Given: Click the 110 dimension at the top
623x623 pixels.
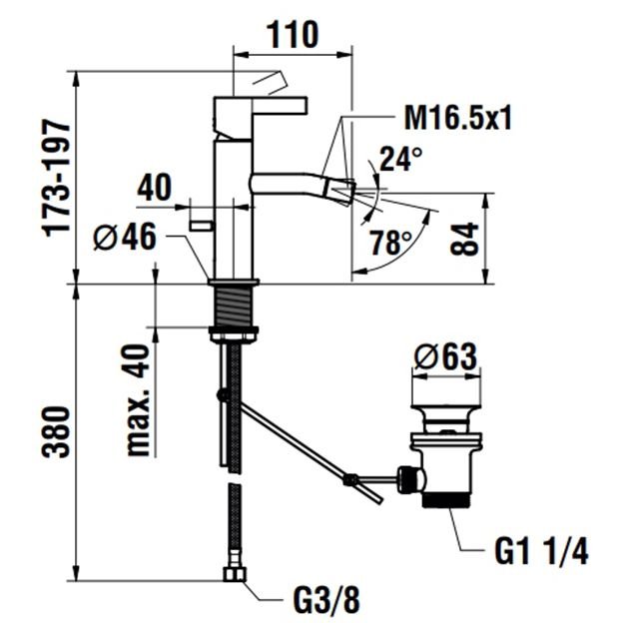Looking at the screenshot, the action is [293, 34].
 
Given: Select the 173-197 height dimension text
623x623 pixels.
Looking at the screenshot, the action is [57, 178].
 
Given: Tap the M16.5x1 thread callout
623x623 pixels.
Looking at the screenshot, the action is [457, 117].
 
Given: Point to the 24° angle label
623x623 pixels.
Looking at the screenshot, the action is [400, 159].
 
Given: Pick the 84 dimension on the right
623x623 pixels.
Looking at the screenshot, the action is [464, 239].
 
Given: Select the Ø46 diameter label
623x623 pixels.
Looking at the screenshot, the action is [125, 237].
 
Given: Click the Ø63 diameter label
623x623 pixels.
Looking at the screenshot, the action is [445, 355].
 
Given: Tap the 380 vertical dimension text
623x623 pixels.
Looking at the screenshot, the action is [57, 432].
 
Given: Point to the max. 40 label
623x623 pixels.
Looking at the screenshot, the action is [138, 400].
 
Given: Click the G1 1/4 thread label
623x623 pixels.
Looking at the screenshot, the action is [541, 551].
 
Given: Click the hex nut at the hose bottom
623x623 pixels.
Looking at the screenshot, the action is [235, 574].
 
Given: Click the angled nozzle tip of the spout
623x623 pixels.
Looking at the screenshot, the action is [340, 192].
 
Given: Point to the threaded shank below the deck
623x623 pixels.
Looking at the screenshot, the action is [234, 306].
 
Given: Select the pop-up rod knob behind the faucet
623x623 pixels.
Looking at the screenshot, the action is [202, 226].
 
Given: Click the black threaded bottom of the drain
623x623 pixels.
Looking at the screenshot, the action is [447, 500].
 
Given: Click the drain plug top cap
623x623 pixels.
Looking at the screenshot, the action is [446, 408].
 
